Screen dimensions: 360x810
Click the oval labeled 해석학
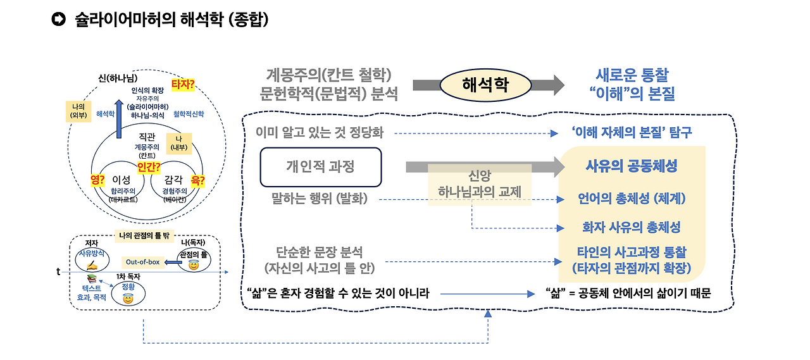tap(485, 85)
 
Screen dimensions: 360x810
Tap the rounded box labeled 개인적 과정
tap(321, 166)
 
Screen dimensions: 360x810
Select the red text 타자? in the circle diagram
tap(183, 84)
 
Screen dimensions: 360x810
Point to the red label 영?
tap(97, 180)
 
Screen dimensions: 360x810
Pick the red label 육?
tap(197, 180)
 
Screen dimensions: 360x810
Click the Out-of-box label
tap(143, 261)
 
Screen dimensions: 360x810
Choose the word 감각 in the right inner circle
tap(173, 180)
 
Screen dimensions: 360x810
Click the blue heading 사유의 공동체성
tap(631, 166)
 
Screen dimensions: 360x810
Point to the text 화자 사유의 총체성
tap(631, 227)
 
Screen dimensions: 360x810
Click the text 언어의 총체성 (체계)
tap(631, 198)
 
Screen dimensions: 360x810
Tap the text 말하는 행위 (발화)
tap(320, 199)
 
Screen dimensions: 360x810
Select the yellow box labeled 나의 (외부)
tap(78, 110)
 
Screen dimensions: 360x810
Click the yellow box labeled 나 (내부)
tap(178, 144)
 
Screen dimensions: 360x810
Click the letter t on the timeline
tap(58, 271)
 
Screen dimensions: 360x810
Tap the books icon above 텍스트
tap(92, 278)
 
